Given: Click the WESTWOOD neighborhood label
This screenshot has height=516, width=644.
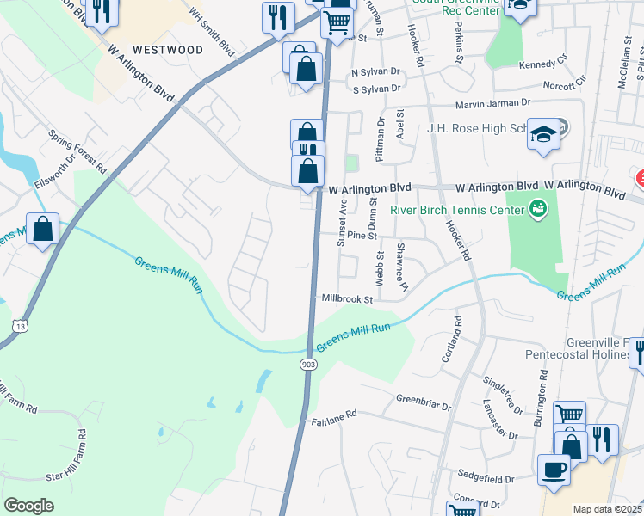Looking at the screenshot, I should pyautogui.click(x=168, y=50).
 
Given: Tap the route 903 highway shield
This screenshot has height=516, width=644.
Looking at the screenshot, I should pyautogui.click(x=308, y=365).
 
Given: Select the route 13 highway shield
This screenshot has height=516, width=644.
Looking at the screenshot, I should pyautogui.click(x=19, y=325).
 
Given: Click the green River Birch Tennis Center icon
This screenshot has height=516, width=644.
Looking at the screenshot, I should pyautogui.click(x=539, y=207).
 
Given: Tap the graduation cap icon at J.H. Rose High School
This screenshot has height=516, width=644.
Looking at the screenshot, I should pyautogui.click(x=542, y=133).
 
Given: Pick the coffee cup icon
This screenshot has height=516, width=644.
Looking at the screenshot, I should pyautogui.click(x=554, y=470).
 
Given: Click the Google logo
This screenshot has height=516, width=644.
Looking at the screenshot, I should pyautogui.click(x=28, y=505).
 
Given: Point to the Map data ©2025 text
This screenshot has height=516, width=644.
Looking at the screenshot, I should pyautogui.click(x=607, y=509).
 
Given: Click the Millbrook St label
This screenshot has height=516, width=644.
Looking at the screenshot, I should pyautogui.click(x=346, y=299).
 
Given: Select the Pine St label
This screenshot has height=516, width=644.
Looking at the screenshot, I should pyautogui.click(x=362, y=235).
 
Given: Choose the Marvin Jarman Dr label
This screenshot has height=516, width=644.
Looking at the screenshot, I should pyautogui.click(x=487, y=102).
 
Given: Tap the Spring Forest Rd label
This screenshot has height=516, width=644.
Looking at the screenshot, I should pyautogui.click(x=77, y=150).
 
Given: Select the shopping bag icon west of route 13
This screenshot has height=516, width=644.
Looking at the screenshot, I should pyautogui.click(x=42, y=230).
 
